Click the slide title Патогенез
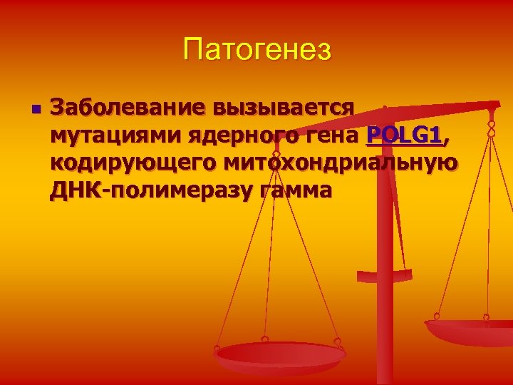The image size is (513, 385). pyautogui.click(x=256, y=51)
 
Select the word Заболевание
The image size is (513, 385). pyautogui.click(x=122, y=108)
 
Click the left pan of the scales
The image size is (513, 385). pyautogui.click(x=281, y=354)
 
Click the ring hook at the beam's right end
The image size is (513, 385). pyautogui.click(x=491, y=129)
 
